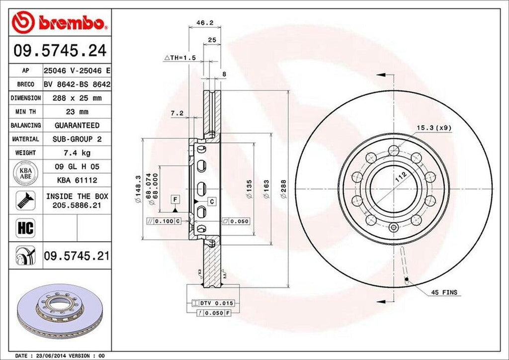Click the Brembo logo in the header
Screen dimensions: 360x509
pos(60,22)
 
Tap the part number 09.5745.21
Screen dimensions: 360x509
pos(76,256)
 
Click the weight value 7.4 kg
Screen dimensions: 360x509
pos(76,153)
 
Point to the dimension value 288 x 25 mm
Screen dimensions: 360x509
pos(76,98)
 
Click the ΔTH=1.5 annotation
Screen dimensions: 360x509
pos(180,58)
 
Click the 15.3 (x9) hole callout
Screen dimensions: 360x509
pos(434,128)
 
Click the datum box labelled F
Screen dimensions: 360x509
pos(175,199)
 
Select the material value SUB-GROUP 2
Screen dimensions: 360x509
pos(76,139)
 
